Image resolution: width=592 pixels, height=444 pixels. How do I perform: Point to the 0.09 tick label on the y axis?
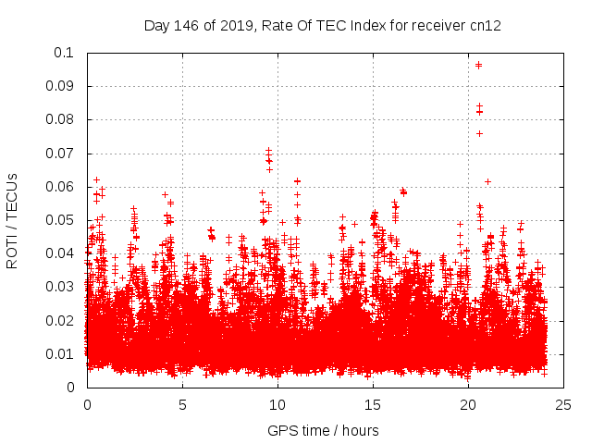(60, 86)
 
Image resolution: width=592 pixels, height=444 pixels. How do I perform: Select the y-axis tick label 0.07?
(60, 154)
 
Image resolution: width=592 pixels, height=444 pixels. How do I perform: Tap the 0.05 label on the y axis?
(60, 220)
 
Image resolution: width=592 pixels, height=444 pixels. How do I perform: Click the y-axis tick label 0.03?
(60, 287)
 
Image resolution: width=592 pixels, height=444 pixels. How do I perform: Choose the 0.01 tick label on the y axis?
(60, 354)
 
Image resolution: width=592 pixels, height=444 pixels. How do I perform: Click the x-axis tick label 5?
(182, 404)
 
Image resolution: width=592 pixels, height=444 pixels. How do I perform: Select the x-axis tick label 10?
(277, 404)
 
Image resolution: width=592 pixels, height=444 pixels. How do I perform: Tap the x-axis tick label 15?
(373, 404)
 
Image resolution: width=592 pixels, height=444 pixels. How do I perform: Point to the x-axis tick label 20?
(468, 404)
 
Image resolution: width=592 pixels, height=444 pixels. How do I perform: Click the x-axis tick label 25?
(563, 404)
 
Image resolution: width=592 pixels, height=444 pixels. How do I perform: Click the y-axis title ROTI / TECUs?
(13, 220)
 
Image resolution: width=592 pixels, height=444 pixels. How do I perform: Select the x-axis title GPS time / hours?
(325, 430)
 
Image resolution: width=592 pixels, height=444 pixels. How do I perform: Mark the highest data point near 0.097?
(478, 65)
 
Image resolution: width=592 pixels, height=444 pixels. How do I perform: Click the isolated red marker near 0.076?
(479, 133)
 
